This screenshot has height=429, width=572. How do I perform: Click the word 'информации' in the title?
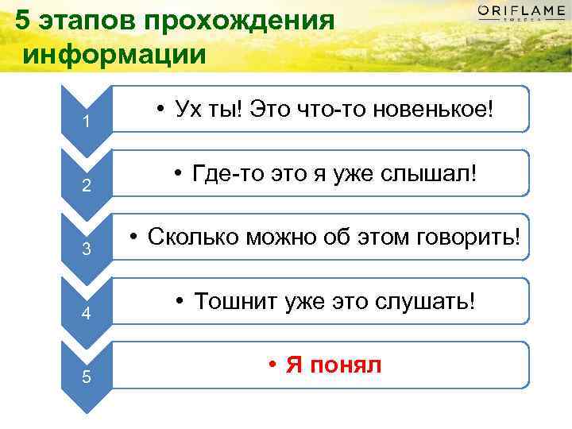pos(114,54)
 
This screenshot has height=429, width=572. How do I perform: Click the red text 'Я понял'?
pos(334,365)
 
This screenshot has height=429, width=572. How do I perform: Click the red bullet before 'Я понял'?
pos(272,365)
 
